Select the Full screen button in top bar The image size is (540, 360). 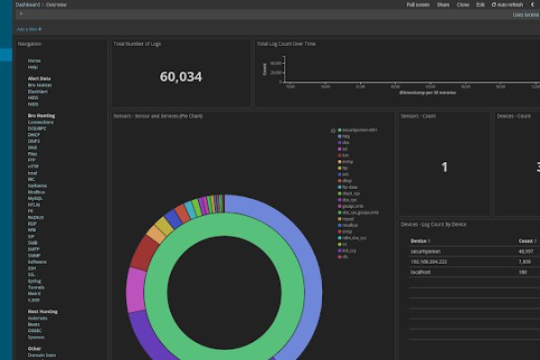pyautogui.click(x=418, y=4)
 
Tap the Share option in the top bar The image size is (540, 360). pyautogui.click(x=444, y=4)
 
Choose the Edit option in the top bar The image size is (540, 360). pyautogui.click(x=480, y=4)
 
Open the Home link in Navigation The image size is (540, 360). pyautogui.click(x=33, y=60)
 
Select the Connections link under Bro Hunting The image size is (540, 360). pyautogui.click(x=40, y=122)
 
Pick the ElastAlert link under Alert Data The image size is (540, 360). pyautogui.click(x=38, y=91)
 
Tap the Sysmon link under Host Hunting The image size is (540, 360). pyautogui.click(x=35, y=337)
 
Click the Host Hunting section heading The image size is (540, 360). pyautogui.click(x=41, y=311)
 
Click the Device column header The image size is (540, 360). pyautogui.click(x=418, y=241)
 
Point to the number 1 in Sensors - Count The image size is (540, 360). pyautogui.click(x=444, y=166)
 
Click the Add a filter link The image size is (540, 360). pyautogui.click(x=29, y=30)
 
